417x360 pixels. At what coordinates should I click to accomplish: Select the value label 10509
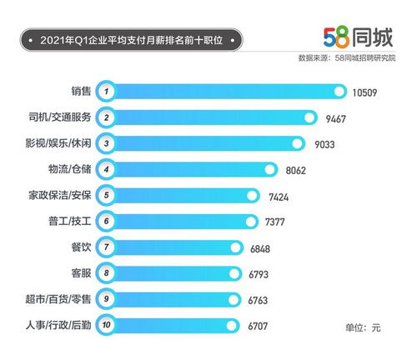[x=365, y=91]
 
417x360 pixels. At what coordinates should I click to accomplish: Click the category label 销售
[x=82, y=90]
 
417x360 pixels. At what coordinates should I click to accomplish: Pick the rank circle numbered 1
[x=105, y=91]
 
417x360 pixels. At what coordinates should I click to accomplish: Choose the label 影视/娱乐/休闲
[x=59, y=142]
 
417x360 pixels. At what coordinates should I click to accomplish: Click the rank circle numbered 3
[x=105, y=143]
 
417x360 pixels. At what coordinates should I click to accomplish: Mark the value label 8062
[x=297, y=170]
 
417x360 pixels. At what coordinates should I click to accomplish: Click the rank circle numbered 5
[x=105, y=196]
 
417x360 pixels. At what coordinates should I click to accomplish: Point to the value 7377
[x=276, y=222]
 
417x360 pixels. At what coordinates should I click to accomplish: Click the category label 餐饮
[x=82, y=247]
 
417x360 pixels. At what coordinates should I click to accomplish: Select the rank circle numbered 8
[x=105, y=273]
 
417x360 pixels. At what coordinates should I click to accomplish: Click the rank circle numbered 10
[x=105, y=326]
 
